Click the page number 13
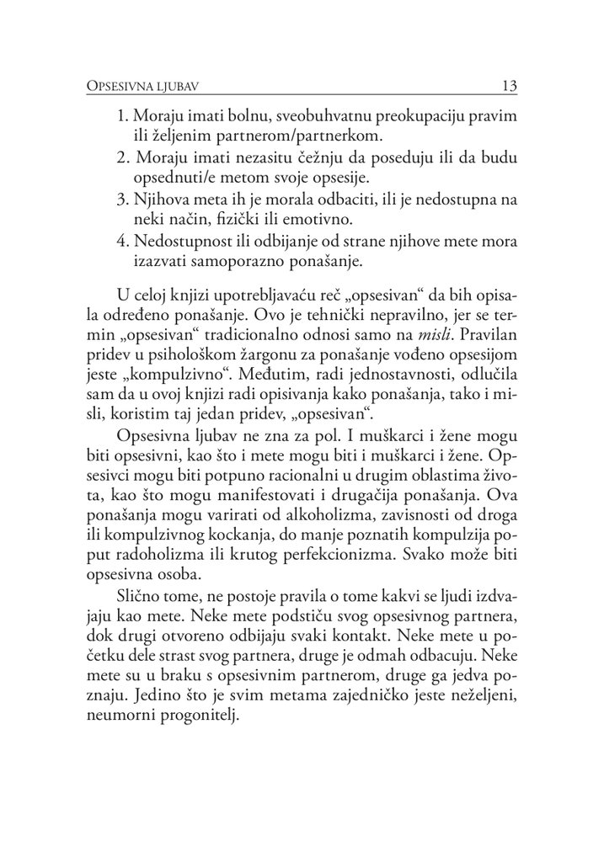[509, 86]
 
